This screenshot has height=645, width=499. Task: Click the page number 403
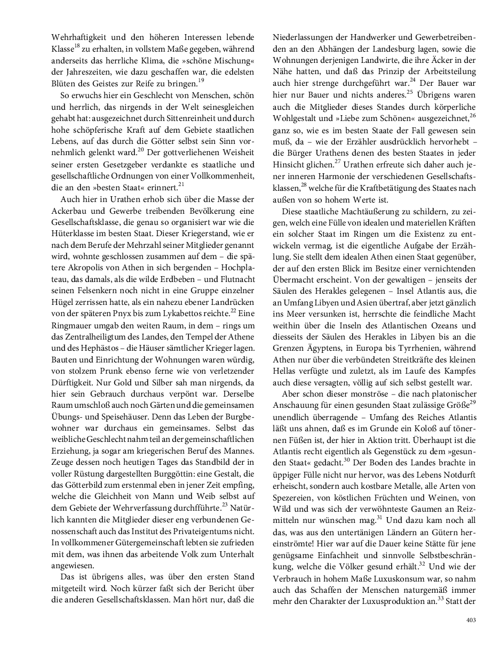point(470,620)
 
